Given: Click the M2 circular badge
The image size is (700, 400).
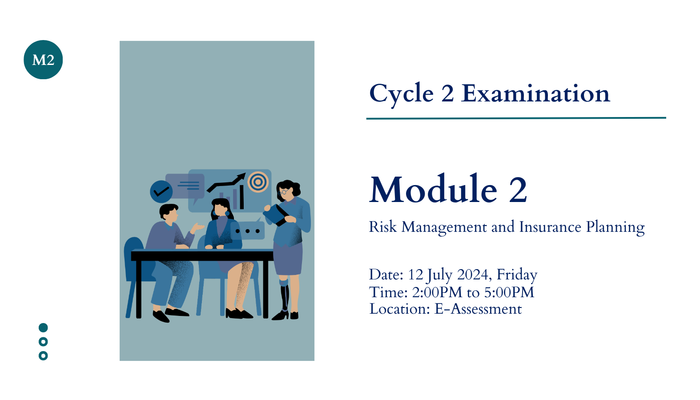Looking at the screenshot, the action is pos(43,60).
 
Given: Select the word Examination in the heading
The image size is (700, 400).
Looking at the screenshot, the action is pos(535,93).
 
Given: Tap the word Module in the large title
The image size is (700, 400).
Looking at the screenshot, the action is pos(433,189).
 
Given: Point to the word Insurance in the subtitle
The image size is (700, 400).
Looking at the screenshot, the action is pos(550,227).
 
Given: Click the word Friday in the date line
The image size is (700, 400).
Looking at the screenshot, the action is pos(517,275).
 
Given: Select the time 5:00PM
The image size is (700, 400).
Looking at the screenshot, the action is pos(509,292).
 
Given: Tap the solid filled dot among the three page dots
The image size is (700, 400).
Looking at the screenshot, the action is pos(43,328).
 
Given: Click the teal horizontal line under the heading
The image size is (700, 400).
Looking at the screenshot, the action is pos(516,118).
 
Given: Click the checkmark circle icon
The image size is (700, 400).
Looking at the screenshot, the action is pos(161,191).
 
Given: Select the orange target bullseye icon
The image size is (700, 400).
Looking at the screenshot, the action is pos(258,182).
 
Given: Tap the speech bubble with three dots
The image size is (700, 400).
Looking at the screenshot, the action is pos(248,230).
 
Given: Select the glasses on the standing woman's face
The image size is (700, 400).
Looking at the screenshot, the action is pos(283,192).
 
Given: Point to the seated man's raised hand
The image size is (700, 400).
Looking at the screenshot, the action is pos(197,227).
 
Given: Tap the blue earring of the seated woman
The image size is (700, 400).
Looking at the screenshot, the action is pos(227,213).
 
